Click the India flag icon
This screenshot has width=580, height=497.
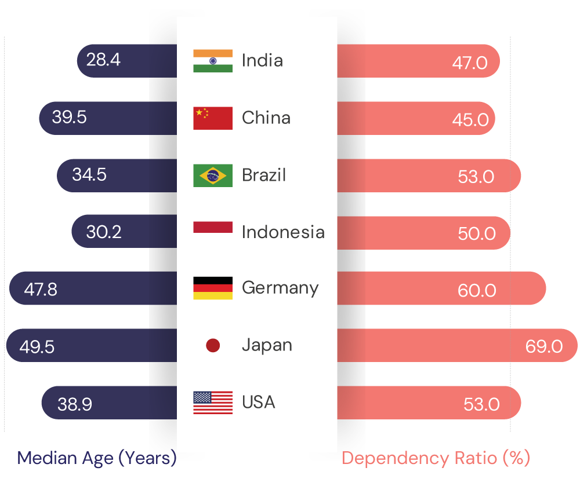(213, 61)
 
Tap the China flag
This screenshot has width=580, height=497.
(213, 118)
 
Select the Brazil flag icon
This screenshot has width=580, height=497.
(213, 176)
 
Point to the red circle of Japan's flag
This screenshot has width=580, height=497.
(213, 346)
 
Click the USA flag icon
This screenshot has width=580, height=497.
(213, 403)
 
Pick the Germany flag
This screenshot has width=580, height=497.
(213, 288)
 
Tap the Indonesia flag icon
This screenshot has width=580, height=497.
(213, 227)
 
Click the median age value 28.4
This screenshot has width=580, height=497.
(103, 60)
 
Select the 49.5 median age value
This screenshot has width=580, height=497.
(37, 346)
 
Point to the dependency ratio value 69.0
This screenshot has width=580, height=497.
(544, 346)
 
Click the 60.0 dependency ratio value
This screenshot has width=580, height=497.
(477, 290)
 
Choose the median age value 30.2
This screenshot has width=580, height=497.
(104, 232)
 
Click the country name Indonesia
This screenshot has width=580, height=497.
(283, 232)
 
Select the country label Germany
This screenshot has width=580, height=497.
(280, 288)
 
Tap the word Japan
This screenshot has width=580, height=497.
(267, 346)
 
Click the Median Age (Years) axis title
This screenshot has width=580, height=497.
(97, 458)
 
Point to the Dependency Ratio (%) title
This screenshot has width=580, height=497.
(436, 458)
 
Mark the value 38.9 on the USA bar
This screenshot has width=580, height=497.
(75, 404)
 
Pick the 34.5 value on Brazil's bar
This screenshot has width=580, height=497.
(89, 175)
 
